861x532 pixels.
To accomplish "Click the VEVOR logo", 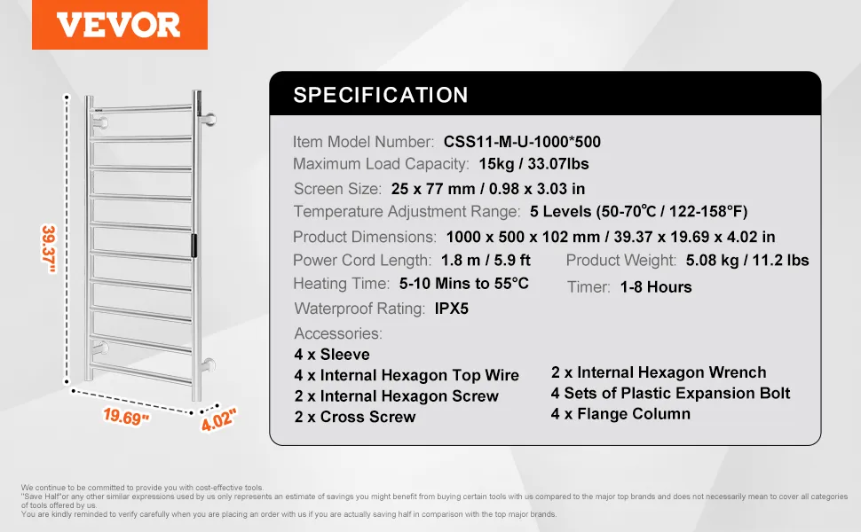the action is (119, 25).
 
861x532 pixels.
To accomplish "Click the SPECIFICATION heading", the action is (381, 95).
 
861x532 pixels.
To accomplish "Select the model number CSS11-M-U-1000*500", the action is (522, 142).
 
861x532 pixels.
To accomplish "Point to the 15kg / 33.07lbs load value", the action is (533, 164).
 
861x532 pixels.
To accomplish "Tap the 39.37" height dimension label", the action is (50, 249).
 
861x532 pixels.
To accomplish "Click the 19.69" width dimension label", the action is (126, 417).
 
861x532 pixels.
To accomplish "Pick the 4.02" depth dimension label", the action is (218, 419).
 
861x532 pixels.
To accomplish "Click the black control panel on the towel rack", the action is (194, 245).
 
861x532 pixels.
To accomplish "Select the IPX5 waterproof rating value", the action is (452, 309).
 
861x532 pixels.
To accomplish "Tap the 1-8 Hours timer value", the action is (656, 287).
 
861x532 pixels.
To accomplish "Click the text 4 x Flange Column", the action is (620, 413).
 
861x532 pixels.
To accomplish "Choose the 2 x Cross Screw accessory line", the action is (355, 417).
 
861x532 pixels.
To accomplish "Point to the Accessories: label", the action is (337, 333).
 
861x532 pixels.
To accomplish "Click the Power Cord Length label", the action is (362, 261).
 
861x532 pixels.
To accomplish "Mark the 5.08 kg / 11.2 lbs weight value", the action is (747, 260).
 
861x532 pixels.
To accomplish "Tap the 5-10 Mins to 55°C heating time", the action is (464, 284).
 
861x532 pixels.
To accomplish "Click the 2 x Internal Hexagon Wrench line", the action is (659, 372).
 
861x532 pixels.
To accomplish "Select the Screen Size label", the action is (337, 189).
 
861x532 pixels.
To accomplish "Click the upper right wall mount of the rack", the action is (209, 119).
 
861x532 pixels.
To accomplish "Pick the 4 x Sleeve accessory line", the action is (332, 355).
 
